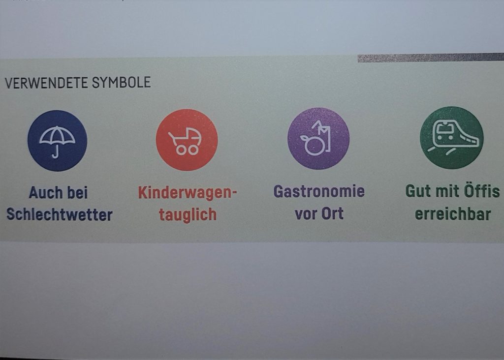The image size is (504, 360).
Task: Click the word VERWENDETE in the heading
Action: coord(47,83)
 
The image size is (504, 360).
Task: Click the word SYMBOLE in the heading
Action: coord(122,83)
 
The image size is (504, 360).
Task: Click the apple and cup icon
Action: coord(315,138)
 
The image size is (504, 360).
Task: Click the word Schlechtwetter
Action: coord(60,214)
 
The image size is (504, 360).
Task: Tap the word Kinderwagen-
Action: coord(188,193)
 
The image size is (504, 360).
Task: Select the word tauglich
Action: coord(188,214)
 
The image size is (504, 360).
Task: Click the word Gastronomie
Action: coord(319,191)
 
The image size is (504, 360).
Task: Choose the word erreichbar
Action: coord(453,214)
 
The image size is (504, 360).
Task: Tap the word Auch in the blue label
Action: coord(45,193)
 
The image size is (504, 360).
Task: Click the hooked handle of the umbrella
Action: coord(56,152)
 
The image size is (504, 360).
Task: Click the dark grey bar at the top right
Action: coord(431,58)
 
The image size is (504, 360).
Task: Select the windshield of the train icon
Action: coord(444,128)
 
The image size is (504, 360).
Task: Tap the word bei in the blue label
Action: coord(77,193)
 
